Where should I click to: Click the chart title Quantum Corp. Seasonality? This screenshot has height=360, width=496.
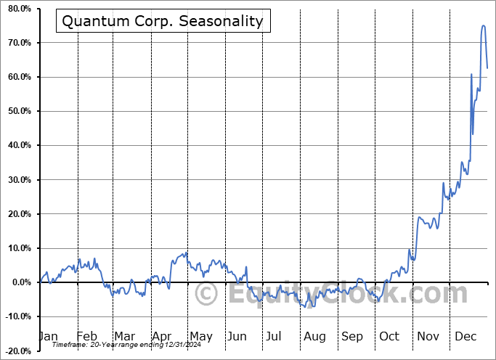162,21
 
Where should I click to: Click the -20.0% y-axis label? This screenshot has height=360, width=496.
17,351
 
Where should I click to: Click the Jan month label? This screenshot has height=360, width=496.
47,336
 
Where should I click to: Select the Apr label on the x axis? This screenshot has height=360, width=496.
163,336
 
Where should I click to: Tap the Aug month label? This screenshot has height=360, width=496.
314,336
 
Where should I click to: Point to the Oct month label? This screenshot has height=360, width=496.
390,336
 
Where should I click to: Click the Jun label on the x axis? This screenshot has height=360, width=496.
237,336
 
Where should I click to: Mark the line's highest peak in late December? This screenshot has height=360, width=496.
484,26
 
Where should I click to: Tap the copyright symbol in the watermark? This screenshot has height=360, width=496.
207,295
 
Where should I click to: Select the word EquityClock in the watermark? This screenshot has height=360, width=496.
312,294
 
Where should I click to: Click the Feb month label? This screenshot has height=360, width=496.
86,336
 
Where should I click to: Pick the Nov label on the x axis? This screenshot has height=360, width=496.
428,336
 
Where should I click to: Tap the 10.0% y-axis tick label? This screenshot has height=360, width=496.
19,248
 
